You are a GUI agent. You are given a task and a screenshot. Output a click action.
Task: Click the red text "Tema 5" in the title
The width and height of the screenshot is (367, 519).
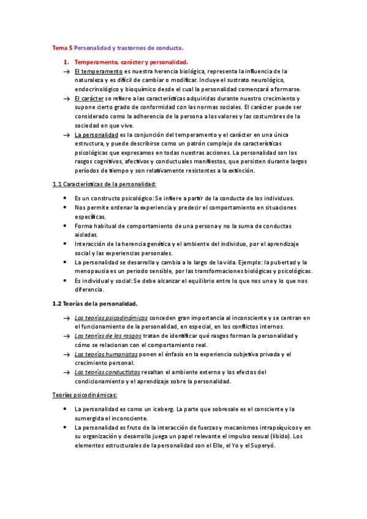[62, 47]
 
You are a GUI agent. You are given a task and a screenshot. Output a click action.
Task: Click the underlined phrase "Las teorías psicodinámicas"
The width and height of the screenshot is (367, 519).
[111, 318]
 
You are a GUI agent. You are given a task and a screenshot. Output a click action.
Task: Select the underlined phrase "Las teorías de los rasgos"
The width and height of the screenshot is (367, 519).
[108, 336]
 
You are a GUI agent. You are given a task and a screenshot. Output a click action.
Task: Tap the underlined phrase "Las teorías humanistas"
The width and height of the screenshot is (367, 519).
[106, 354]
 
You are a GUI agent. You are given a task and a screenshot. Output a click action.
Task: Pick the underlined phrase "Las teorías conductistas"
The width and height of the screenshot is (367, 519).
[107, 372]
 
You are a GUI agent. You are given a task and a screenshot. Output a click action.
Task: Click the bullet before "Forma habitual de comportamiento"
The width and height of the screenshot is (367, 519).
[66, 226]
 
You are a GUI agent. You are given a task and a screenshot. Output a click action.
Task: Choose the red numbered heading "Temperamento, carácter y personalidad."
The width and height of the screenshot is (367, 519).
[131, 62]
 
